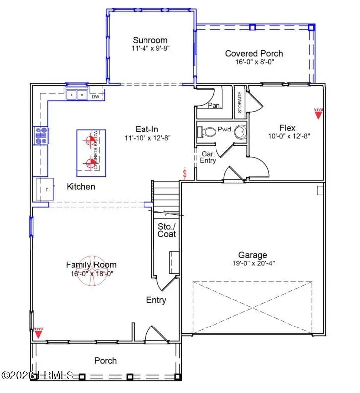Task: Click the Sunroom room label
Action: (x=150, y=40)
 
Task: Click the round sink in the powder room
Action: (x=240, y=132)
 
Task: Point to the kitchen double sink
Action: (x=76, y=94)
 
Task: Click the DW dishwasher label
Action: (x=95, y=97)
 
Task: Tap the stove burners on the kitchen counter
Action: (x=41, y=135)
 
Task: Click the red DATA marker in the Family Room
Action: (x=38, y=332)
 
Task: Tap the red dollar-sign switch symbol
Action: (x=185, y=173)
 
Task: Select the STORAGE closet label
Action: (x=239, y=101)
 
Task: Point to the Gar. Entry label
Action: (x=207, y=157)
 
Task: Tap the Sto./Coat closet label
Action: (x=166, y=230)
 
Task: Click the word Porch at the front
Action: (x=106, y=361)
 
